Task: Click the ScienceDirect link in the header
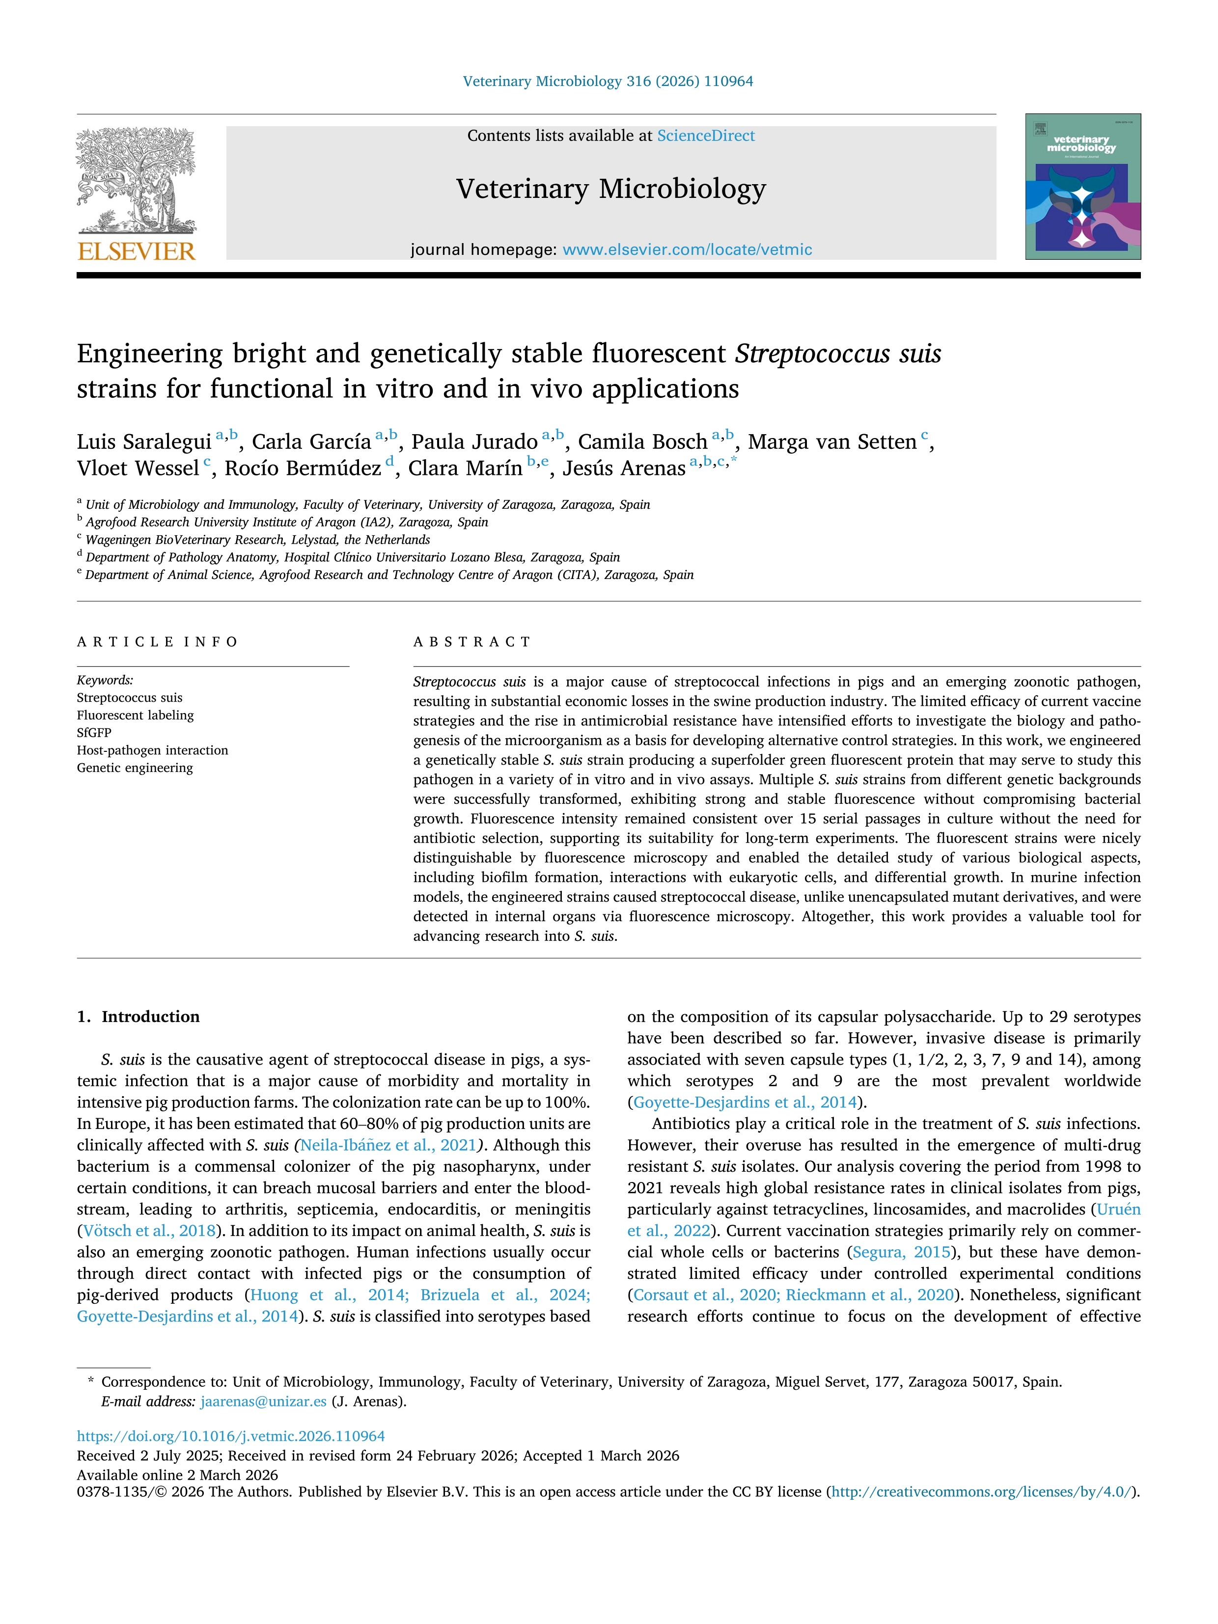(x=706, y=136)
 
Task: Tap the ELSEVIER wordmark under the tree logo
(x=137, y=252)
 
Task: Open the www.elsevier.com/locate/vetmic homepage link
(x=687, y=249)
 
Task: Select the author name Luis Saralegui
(x=144, y=442)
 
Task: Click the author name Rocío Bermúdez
(x=303, y=468)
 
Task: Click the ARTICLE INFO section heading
(x=158, y=642)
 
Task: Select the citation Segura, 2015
(x=902, y=1252)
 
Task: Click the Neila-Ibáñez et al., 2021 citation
(x=388, y=1145)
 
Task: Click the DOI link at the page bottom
(x=230, y=1436)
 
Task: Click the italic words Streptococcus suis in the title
(x=838, y=354)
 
